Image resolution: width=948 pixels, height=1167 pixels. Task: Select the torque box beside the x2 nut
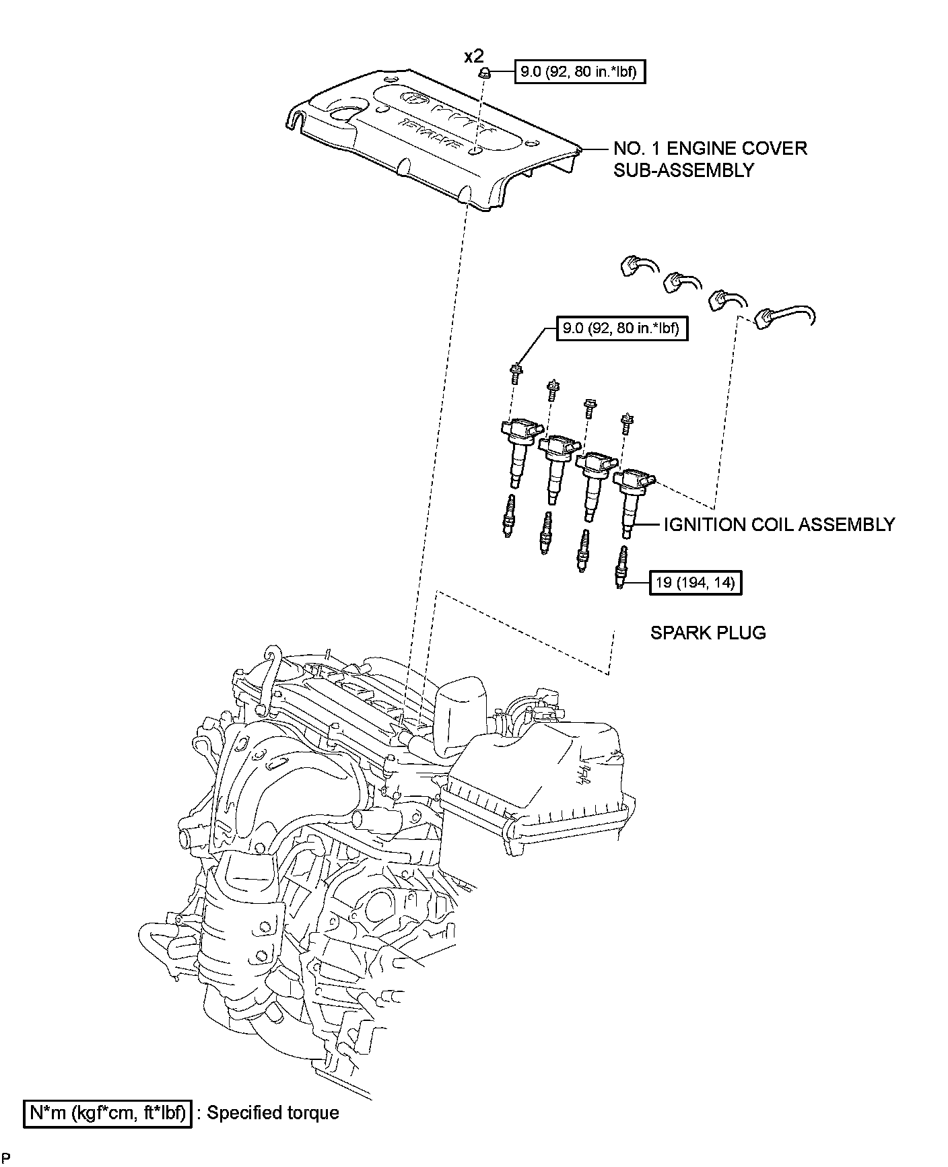click(x=580, y=71)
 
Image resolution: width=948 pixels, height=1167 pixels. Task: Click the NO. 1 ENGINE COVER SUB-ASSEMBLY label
click(x=710, y=159)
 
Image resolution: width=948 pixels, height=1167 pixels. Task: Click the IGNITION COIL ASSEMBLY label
click(x=779, y=524)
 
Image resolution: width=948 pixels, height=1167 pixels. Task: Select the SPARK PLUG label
click(x=708, y=633)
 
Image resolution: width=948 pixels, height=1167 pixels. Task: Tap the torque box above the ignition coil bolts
click(x=622, y=328)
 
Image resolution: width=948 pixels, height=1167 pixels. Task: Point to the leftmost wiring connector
click(x=632, y=267)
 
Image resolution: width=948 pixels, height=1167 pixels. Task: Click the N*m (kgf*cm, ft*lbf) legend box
click(x=107, y=1113)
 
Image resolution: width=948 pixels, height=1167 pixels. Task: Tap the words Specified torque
click(x=273, y=1113)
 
